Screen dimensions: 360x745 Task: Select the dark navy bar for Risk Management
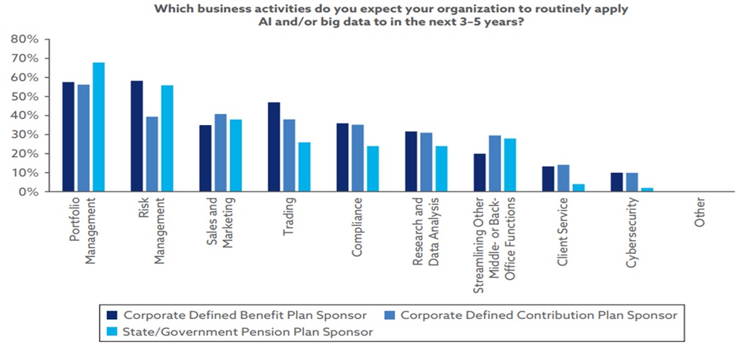pos(137,136)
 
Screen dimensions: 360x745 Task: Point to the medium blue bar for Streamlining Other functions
pos(495,164)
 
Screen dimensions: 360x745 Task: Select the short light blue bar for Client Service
pos(578,188)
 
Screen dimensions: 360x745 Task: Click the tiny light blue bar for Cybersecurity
pos(647,189)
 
